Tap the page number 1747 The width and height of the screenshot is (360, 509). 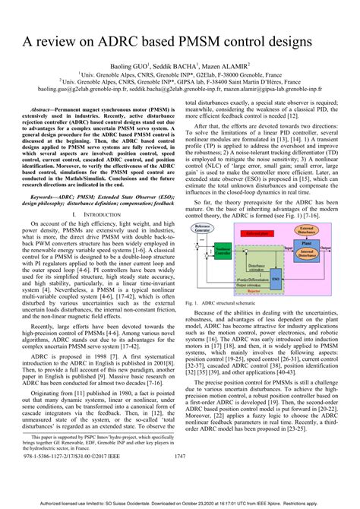180,477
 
